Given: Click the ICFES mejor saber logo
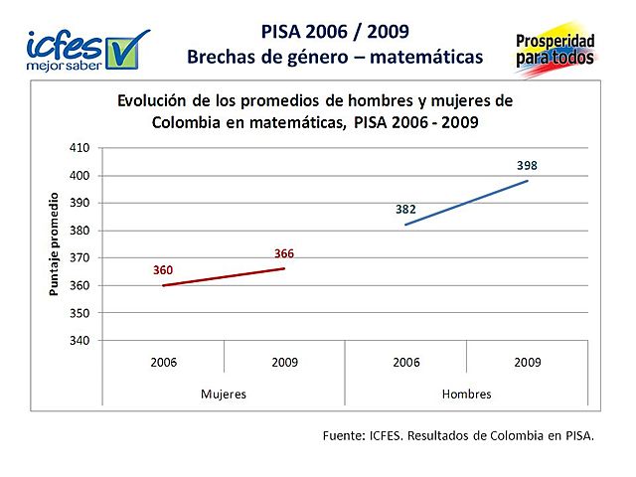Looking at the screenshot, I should pos(86,49).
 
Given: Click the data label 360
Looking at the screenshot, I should pos(163,270).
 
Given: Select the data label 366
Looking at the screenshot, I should pos(284,253).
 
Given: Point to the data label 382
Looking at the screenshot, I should pos(405,210).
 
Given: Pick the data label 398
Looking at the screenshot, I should pos(527,165).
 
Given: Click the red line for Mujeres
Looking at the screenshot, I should pos(224,277).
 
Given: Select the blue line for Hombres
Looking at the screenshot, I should pos(466,203).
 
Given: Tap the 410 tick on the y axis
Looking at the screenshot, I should pos(79,148).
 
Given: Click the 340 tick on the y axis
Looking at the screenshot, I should pos(79,341).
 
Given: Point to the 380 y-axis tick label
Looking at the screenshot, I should pos(79,231).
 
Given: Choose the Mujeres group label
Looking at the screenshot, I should pos(224,395).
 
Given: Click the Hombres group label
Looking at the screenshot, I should pos(466,395).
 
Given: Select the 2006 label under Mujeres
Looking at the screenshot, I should pos(163,363).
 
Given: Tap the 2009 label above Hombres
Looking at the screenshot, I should pos(527,363).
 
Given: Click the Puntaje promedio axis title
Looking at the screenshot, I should pos(56,244).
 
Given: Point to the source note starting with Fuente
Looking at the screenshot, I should pos(458,435).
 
